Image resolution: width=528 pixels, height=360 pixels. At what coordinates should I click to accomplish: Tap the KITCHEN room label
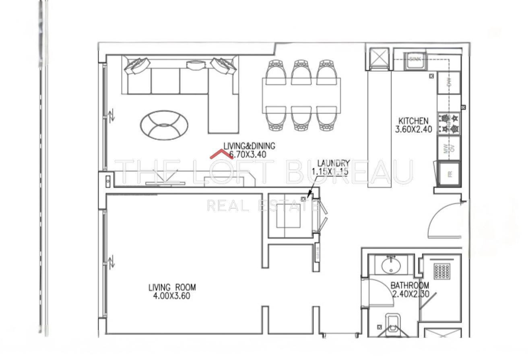tap(413, 121)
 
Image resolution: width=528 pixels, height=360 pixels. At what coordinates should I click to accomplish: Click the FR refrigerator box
tap(449, 174)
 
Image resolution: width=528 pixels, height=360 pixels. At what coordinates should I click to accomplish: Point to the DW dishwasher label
tap(449, 83)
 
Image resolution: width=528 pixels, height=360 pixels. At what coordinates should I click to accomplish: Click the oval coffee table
tap(164, 125)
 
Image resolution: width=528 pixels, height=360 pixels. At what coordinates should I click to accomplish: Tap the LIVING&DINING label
tap(250, 146)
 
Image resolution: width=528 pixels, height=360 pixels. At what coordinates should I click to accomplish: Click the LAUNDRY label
tap(333, 163)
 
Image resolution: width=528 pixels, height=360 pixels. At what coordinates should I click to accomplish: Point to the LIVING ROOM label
tap(172, 288)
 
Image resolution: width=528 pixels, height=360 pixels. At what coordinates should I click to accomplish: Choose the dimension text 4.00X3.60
tap(169, 296)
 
